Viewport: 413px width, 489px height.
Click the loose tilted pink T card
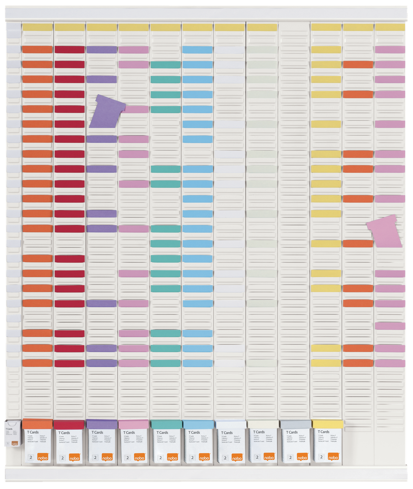(385, 232)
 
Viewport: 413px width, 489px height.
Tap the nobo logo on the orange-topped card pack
(43, 457)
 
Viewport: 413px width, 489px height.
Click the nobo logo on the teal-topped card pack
(172, 457)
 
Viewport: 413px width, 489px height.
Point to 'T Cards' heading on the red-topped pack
(64, 433)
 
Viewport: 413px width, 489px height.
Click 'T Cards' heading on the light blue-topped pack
(193, 433)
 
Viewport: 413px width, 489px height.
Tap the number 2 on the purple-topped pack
(95, 457)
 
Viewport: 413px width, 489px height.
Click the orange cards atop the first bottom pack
(37, 424)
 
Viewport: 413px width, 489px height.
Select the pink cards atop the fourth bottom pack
(134, 424)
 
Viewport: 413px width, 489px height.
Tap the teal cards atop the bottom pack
(166, 424)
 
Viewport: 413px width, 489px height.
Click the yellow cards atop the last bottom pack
(328, 424)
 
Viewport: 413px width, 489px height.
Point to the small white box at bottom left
(13, 434)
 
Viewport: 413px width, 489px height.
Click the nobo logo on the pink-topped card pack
(140, 457)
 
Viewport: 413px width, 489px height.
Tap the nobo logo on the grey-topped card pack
(302, 457)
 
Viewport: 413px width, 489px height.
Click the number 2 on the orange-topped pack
(31, 457)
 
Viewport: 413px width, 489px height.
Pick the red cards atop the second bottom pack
(69, 424)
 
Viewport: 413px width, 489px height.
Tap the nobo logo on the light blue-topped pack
(204, 457)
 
